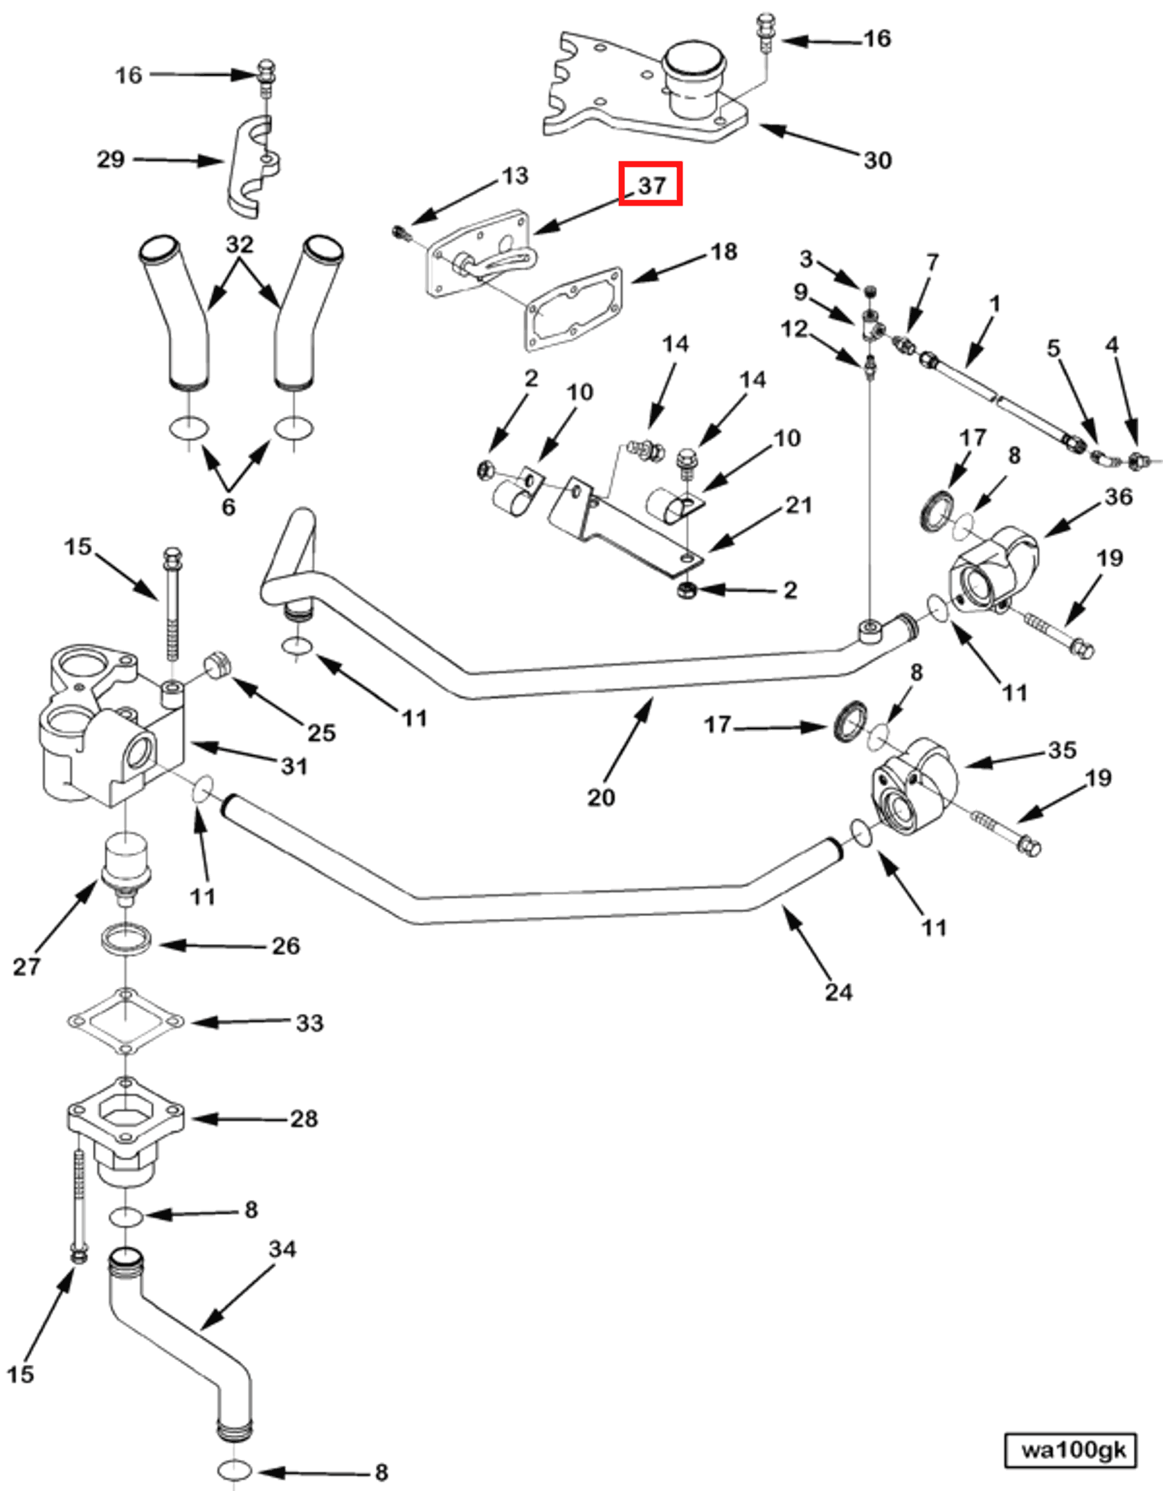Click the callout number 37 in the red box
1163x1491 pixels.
coord(651,184)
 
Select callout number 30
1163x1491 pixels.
coord(877,161)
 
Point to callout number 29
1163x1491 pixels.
coord(111,159)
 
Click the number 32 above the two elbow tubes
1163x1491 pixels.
coord(240,244)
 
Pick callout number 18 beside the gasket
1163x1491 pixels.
coord(723,252)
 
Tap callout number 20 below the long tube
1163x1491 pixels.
coord(601,797)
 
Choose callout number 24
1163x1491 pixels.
coord(838,992)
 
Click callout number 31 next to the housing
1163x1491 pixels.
coord(294,766)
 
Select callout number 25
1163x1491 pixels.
coord(321,733)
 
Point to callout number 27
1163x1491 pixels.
coord(26,967)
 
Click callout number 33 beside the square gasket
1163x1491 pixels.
coord(309,1023)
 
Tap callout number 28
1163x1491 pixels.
coord(304,1118)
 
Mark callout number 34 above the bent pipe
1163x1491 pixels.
coord(282,1249)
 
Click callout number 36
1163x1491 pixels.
coord(1119,497)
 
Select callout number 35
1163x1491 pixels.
coord(1062,750)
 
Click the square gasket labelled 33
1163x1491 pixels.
coord(125,1021)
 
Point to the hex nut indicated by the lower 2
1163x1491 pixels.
coord(687,591)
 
